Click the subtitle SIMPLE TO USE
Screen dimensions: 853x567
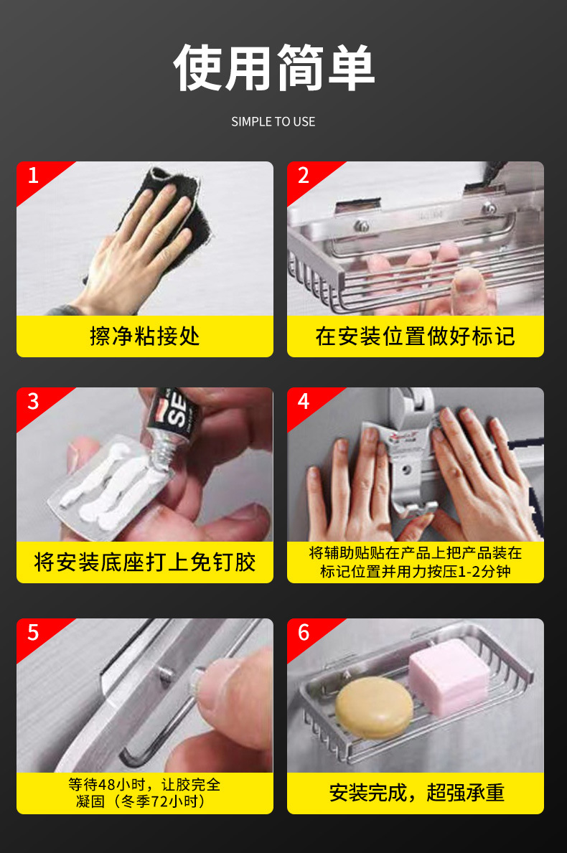point(273,122)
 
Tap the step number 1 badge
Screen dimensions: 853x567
point(33,175)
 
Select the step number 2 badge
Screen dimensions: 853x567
point(304,175)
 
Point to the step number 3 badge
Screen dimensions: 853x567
point(33,401)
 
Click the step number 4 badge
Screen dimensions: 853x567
point(304,401)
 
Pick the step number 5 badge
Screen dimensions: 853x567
point(33,632)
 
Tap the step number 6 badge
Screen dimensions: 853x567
point(304,632)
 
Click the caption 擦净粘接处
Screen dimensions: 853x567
point(144,336)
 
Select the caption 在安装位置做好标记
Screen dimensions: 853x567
point(415,336)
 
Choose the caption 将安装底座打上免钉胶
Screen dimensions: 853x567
point(144,562)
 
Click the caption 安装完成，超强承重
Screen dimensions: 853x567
point(416,793)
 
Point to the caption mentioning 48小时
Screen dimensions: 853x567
point(144,793)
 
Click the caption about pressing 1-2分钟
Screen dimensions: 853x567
point(415,562)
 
